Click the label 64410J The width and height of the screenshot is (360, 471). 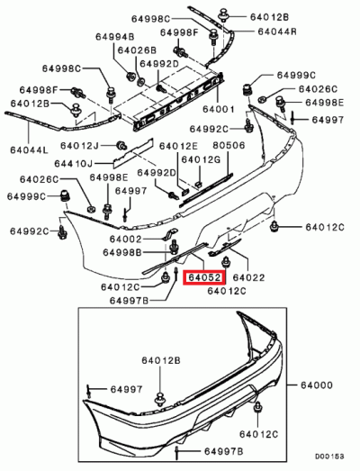tap(74, 163)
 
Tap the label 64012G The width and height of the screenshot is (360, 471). tap(200, 159)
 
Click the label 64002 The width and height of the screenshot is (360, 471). tap(125, 239)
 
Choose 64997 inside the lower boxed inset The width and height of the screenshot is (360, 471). tap(126, 389)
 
